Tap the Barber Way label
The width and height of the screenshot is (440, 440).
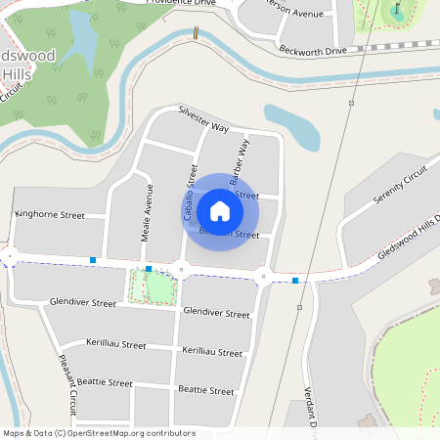[240, 162]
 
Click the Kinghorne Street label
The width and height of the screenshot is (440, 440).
[51, 214]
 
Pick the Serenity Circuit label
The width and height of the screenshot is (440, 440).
[401, 186]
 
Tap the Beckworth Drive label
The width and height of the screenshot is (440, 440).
[313, 49]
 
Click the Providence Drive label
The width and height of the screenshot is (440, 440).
[181, 3]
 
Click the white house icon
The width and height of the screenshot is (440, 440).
[220, 210]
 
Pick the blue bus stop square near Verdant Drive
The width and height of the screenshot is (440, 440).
[295, 281]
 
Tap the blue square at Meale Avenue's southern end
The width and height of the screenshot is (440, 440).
[148, 268]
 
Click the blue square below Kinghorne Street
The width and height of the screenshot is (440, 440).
[93, 260]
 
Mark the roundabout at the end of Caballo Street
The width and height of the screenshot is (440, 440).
[182, 270]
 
